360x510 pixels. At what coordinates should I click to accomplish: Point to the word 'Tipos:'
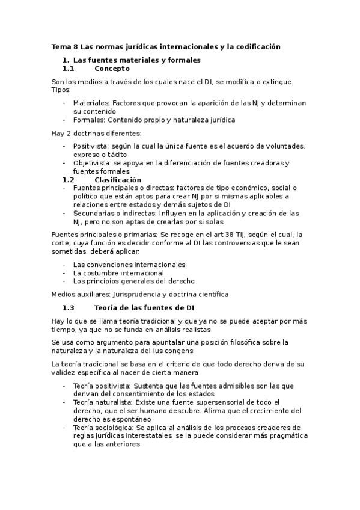pos(61,90)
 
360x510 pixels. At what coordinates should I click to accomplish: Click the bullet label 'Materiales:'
pos(92,103)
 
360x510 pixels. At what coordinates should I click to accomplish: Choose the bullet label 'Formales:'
pos(90,120)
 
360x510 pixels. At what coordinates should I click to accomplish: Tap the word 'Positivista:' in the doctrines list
pos(91,146)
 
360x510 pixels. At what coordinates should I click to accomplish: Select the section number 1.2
pos(68,180)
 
